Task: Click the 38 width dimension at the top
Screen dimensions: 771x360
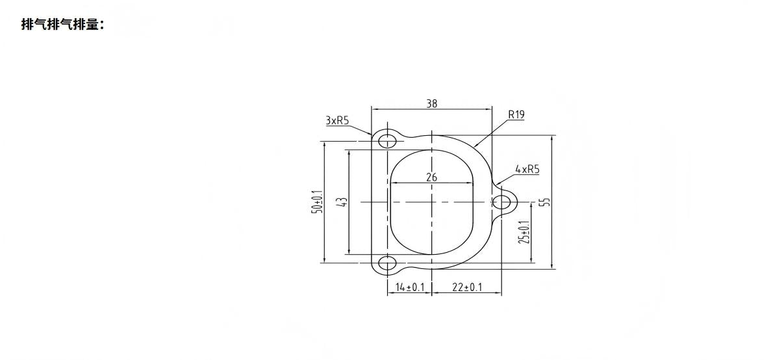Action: [432, 103]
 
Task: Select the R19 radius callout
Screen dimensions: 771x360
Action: [516, 114]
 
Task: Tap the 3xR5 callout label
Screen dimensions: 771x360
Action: [337, 120]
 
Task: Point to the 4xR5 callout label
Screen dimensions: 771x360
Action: [527, 169]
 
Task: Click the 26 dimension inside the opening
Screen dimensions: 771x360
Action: [432, 177]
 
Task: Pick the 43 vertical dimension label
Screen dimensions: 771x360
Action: [343, 201]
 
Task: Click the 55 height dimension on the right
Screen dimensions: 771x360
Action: [544, 201]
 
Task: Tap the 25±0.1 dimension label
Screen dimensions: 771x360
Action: [524, 232]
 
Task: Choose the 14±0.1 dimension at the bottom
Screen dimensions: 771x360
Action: [409, 287]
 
